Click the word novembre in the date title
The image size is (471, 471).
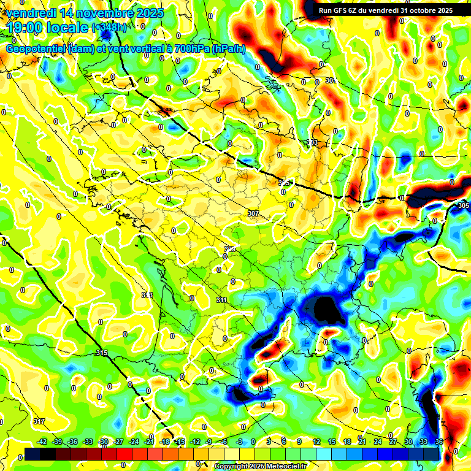pyautogui.click(x=101, y=13)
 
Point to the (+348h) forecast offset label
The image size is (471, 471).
pyautogui.click(x=110, y=28)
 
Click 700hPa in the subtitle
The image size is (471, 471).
pyautogui.click(x=192, y=49)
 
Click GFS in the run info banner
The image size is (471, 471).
pyautogui.click(x=343, y=10)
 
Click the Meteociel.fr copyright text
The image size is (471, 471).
pyautogui.click(x=259, y=466)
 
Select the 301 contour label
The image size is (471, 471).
pyautogui.click(x=331, y=81)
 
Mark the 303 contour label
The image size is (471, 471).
pyautogui.click(x=312, y=143)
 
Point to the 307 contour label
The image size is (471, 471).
pyautogui.click(x=253, y=213)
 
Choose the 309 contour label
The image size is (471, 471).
pyautogui.click(x=230, y=248)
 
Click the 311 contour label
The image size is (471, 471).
pyautogui.click(x=222, y=300)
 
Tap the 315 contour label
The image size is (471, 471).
pyautogui.click(x=102, y=353)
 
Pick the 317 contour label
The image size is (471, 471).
pyautogui.click(x=39, y=421)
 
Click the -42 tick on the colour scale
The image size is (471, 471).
pyautogui.click(x=42, y=442)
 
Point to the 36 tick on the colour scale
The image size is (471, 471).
pyautogui.click(x=438, y=442)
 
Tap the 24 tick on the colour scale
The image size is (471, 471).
pyautogui.click(x=378, y=442)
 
